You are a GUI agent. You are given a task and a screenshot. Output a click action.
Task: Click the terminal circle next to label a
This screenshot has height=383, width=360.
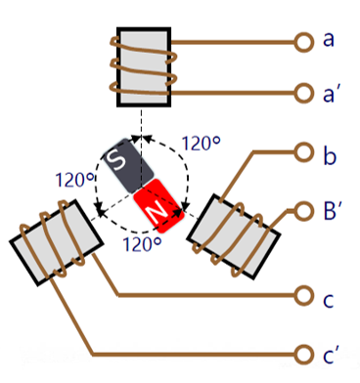click(304, 42)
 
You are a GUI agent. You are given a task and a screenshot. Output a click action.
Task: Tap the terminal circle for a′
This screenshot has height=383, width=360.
click(304, 94)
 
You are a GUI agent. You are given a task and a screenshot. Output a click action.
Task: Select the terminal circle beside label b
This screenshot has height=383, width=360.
click(304, 152)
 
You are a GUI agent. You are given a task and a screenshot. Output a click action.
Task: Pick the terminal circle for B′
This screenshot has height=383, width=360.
click(304, 211)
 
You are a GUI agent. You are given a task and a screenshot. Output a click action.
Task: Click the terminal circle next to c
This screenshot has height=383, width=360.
click(304, 296)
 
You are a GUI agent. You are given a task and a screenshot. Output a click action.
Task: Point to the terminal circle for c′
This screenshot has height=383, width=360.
click(304, 355)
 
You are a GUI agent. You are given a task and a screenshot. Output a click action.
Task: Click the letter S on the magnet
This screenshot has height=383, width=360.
click(117, 160)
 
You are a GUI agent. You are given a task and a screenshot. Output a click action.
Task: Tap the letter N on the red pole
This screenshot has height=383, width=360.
click(157, 212)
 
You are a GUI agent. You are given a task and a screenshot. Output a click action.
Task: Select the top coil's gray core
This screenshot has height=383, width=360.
click(144, 67)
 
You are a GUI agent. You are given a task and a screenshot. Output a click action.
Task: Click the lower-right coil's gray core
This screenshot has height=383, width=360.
click(234, 236)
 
